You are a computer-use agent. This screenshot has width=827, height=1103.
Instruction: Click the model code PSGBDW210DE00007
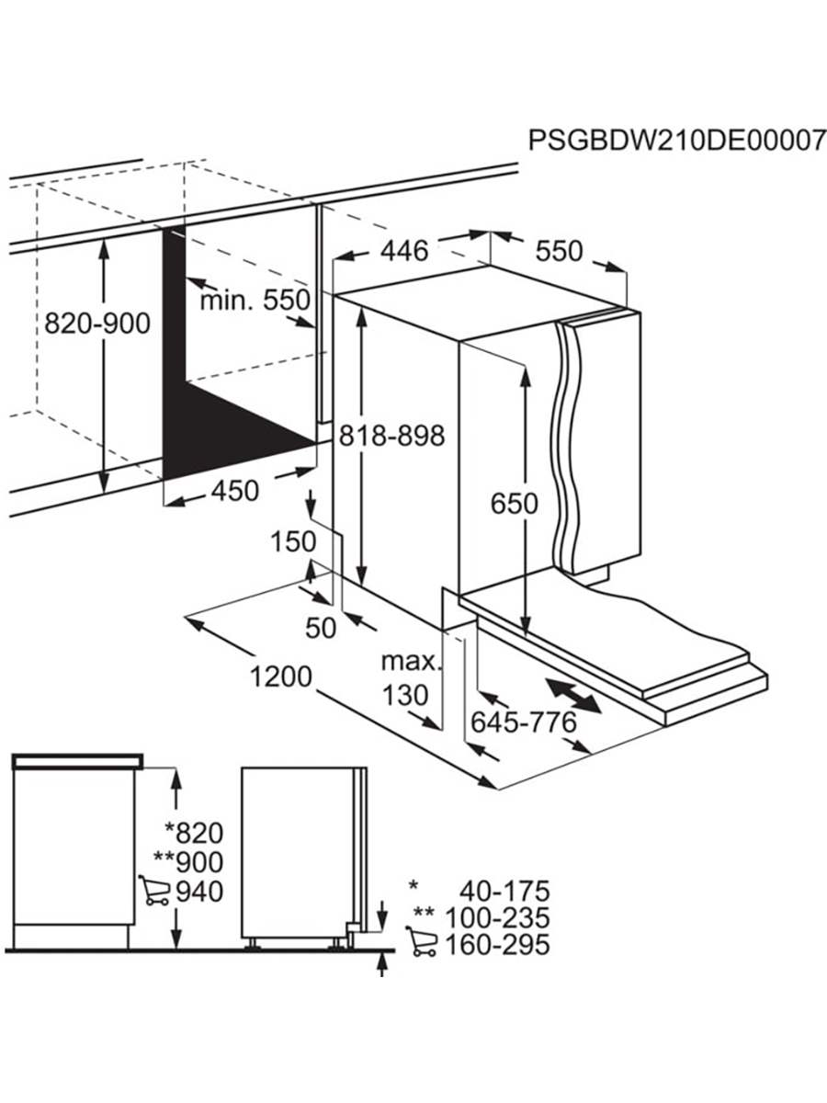(x=677, y=141)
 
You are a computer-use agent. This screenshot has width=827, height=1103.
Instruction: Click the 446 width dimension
(x=404, y=250)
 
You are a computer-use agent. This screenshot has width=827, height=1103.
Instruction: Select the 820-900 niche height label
(x=97, y=324)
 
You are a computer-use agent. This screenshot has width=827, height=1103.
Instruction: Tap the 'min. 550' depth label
(x=255, y=300)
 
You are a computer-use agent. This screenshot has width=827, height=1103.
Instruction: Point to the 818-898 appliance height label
(x=392, y=435)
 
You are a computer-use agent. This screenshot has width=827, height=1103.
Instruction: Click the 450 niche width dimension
(x=235, y=491)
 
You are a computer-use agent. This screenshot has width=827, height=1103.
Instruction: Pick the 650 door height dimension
(x=515, y=504)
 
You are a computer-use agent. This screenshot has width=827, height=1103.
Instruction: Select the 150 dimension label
(x=293, y=541)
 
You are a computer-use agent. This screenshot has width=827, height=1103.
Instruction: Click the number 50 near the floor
(x=321, y=628)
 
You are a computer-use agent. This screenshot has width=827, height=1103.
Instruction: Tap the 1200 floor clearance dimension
(x=281, y=677)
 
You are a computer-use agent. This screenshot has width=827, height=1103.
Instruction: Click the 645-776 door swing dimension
(x=524, y=722)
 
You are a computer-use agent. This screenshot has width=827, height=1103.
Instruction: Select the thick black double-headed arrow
(x=572, y=695)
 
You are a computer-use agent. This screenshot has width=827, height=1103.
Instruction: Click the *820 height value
(x=194, y=833)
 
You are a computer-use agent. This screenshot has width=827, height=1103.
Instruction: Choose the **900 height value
(x=188, y=862)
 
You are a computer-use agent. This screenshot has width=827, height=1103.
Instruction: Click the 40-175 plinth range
(x=505, y=891)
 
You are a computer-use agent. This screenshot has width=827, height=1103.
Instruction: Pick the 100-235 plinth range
(x=498, y=917)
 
